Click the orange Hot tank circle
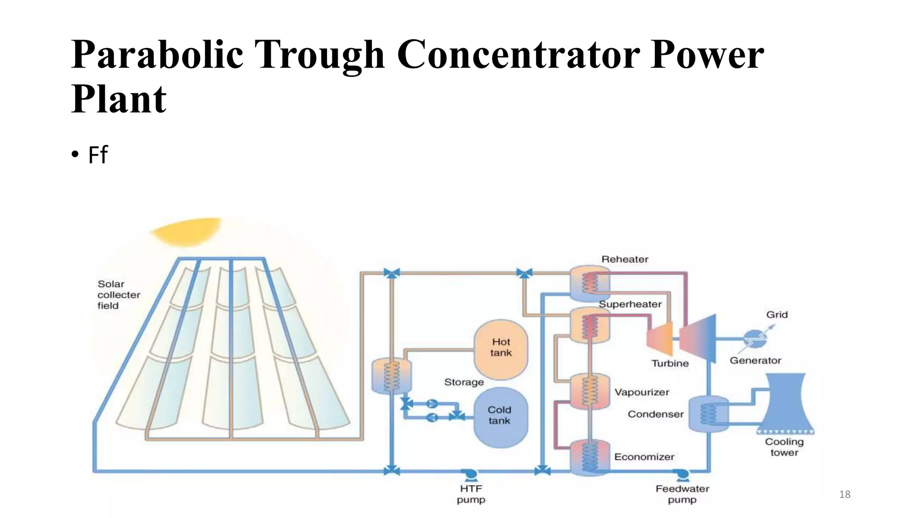pos(501,348)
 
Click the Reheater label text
pos(625,259)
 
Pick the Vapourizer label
pos(642,392)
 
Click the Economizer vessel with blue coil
pos(590,457)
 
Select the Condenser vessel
pos(708,414)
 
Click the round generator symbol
pos(755,339)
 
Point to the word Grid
pos(777,315)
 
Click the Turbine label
pos(670,363)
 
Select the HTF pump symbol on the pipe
pos(470,474)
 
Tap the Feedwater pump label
pos(682,494)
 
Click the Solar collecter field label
pos(118,295)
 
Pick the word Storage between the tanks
pos(464,382)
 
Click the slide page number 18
pos(845,495)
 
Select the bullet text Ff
pos(98,155)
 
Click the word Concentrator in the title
pos(518,55)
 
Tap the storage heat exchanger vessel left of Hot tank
pos(391,376)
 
